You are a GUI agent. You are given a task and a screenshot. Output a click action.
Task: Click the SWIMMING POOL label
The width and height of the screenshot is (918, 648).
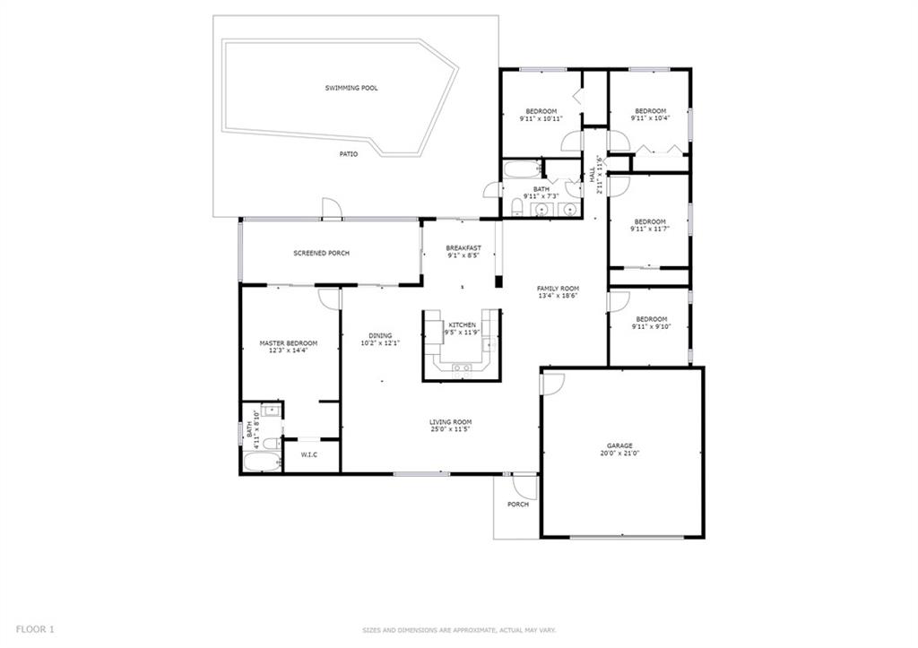click(x=351, y=88)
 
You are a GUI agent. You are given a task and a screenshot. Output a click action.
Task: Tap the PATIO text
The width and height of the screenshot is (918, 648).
click(x=349, y=154)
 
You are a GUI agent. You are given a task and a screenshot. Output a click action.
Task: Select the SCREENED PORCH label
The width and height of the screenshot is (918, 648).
click(x=322, y=253)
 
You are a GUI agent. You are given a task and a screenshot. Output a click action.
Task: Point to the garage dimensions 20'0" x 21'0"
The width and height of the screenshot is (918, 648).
click(x=619, y=454)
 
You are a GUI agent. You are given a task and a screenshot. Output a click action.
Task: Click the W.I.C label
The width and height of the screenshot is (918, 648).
click(x=309, y=454)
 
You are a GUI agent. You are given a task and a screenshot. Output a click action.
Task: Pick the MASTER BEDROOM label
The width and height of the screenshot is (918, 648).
click(x=289, y=343)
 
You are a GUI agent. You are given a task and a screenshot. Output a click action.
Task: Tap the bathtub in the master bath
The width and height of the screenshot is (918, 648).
click(x=263, y=462)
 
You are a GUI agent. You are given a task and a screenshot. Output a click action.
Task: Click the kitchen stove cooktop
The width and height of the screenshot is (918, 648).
click(x=462, y=367)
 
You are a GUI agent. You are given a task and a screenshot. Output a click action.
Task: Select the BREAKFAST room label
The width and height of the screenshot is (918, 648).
click(x=463, y=247)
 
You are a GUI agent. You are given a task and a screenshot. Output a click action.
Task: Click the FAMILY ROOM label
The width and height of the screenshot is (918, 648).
click(x=558, y=289)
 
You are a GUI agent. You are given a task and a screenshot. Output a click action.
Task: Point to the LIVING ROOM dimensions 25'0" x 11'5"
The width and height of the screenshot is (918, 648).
click(x=450, y=429)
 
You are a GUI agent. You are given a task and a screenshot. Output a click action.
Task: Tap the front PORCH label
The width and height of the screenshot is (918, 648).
click(x=517, y=504)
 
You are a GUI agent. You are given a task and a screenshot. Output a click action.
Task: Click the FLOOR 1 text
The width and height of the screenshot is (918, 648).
click(x=35, y=629)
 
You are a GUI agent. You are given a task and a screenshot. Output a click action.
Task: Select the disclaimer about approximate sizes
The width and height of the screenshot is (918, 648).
click(x=459, y=630)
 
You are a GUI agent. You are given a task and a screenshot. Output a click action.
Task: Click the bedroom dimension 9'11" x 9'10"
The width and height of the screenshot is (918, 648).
click(x=651, y=326)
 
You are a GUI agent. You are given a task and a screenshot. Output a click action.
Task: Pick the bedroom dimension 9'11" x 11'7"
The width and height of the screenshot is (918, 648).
click(x=650, y=229)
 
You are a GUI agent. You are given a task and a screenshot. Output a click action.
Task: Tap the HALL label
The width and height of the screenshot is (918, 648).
click(x=592, y=173)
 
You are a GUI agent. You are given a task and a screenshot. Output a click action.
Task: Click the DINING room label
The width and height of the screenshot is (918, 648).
click(x=380, y=335)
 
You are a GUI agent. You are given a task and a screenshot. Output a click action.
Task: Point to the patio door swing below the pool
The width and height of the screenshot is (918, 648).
click(x=331, y=209)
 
